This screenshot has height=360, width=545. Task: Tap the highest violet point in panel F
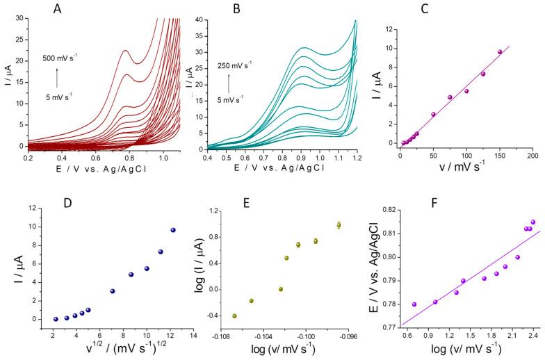pos(533,222)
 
